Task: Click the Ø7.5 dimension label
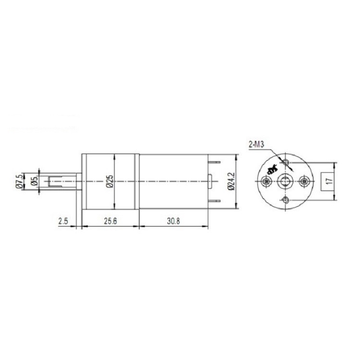(20, 181)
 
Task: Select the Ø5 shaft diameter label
(35, 181)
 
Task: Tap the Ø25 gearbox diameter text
(110, 181)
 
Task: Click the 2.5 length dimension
(63, 221)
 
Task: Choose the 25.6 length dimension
(110, 221)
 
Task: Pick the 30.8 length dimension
(174, 221)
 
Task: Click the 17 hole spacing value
(329, 181)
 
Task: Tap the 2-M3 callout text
(256, 144)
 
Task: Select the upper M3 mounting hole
(286, 162)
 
